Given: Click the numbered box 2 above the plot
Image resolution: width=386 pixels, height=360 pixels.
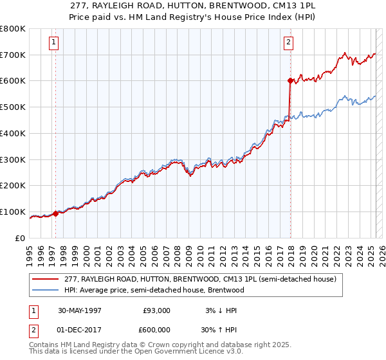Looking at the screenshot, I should click(x=288, y=43).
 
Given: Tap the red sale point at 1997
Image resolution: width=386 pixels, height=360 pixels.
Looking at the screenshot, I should click(x=55, y=213).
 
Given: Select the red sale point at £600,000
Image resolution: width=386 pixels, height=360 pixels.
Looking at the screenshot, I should click(x=290, y=80).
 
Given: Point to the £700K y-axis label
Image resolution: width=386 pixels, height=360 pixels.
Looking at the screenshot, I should click(x=13, y=55).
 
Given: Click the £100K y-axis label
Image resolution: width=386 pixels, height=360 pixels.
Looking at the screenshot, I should click(x=13, y=212).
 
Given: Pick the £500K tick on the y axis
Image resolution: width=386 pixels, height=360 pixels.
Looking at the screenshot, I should click(x=13, y=107).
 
